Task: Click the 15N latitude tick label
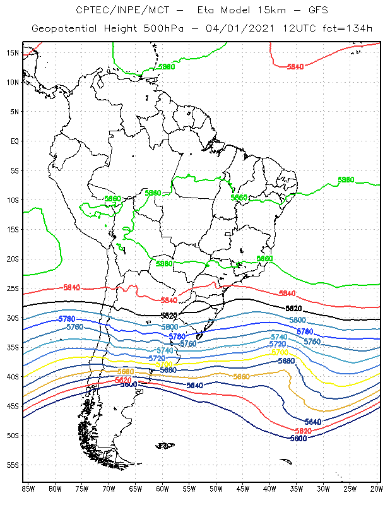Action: [x=12, y=52]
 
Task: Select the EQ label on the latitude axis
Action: [x=13, y=141]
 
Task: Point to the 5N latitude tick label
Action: [x=13, y=111]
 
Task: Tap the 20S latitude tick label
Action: [x=12, y=259]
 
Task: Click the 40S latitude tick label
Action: [x=12, y=377]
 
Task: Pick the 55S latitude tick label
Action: [x=12, y=465]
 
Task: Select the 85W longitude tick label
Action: [x=28, y=489]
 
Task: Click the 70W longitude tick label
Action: [x=109, y=489]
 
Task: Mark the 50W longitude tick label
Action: [x=216, y=489]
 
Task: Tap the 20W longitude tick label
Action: [x=377, y=489]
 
